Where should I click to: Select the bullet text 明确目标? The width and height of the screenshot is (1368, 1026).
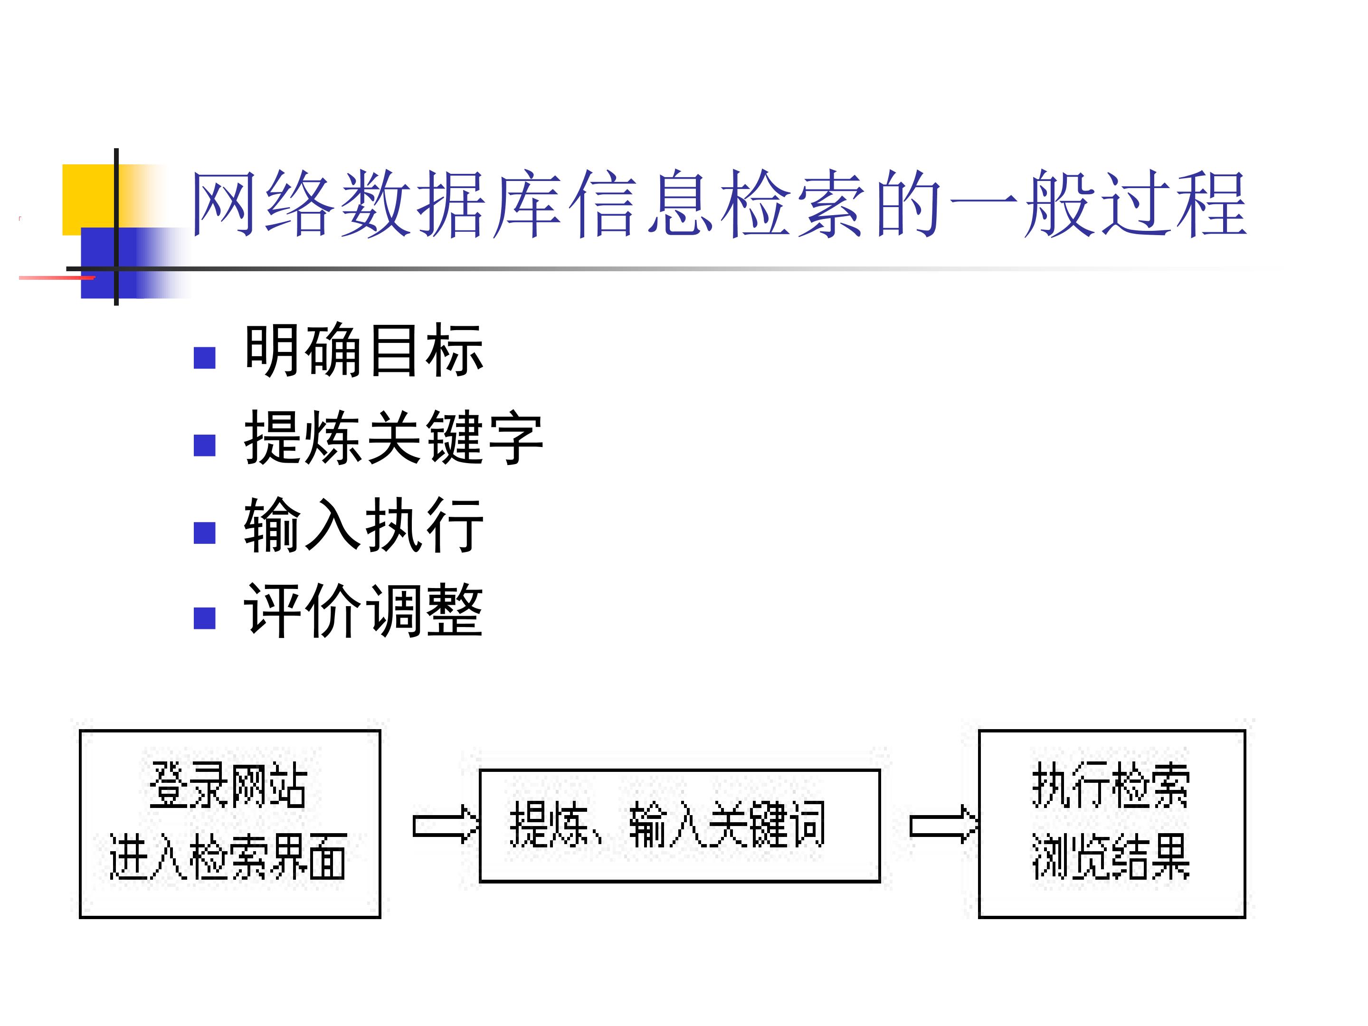tap(364, 350)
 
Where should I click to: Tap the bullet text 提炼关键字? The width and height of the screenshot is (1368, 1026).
tap(394, 437)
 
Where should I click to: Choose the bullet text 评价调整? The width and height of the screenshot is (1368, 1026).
tap(364, 610)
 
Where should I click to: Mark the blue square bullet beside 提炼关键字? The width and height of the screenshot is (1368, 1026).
tap(205, 445)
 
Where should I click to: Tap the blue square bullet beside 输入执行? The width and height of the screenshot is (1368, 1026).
tap(205, 532)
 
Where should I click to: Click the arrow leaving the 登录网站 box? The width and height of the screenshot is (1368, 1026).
tap(445, 826)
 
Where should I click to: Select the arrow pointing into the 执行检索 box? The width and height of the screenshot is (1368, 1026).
tap(944, 826)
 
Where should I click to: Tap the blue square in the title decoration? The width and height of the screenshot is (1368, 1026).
tap(109, 263)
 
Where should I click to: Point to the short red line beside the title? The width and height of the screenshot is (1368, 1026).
tap(57, 278)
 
